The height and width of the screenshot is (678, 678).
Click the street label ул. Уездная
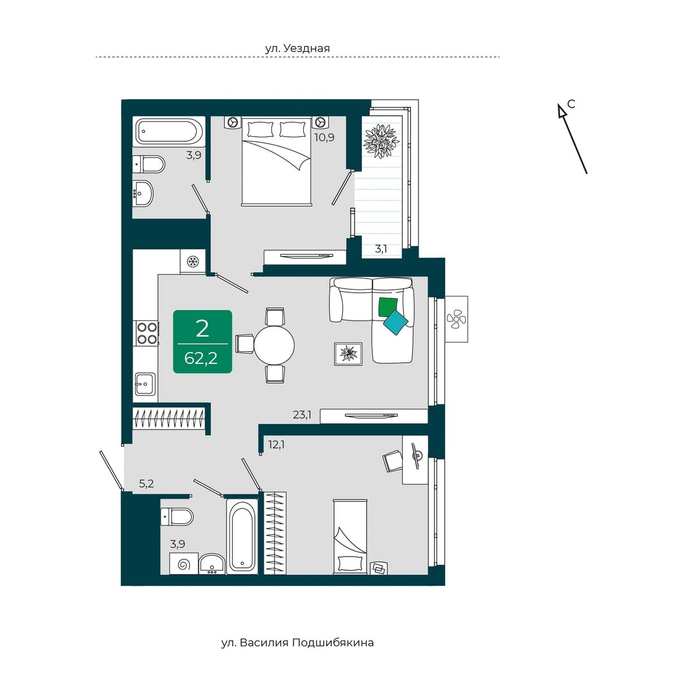click(297, 49)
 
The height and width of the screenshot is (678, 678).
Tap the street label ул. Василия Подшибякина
click(297, 642)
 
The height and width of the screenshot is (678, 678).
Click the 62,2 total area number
click(202, 358)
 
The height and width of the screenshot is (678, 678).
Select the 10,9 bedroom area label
click(324, 137)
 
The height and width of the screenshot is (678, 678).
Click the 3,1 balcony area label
click(381, 248)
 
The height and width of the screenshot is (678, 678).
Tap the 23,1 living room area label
click(302, 415)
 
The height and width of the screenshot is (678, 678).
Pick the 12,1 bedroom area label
click(276, 445)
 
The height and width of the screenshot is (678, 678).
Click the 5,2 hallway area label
click(146, 483)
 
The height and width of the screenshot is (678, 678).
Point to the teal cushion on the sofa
click(395, 323)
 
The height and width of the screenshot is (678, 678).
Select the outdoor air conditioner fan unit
click(456, 319)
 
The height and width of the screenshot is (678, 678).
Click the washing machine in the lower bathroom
click(184, 564)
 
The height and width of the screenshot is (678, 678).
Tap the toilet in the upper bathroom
click(149, 164)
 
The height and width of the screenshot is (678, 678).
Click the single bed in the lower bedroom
click(350, 536)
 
